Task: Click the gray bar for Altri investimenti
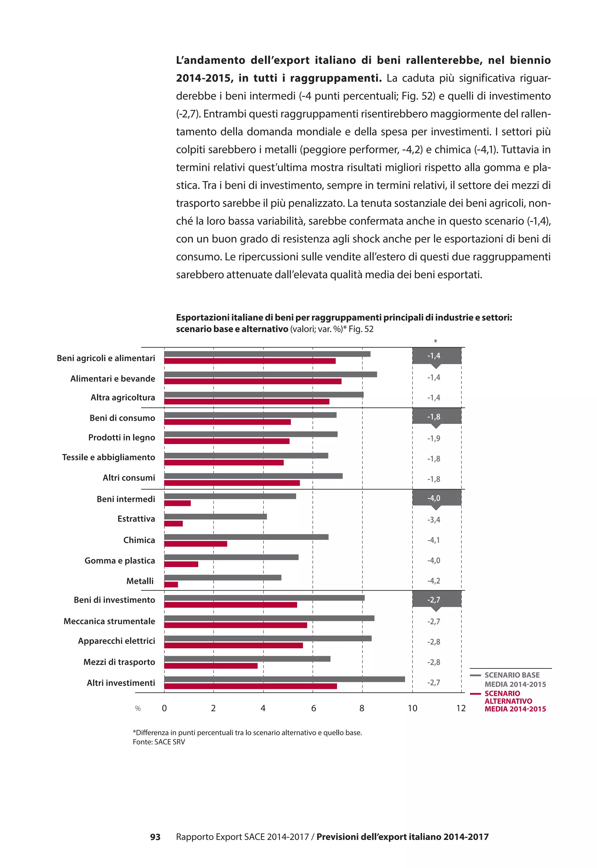[284, 679]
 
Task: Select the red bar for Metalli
[171, 584]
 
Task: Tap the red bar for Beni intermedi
[177, 503]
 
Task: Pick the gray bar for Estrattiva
[215, 517]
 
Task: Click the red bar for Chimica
[196, 543]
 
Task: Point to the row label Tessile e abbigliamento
[108, 457]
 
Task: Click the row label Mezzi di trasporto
[119, 662]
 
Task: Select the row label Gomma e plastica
[120, 560]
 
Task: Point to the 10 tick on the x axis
[412, 708]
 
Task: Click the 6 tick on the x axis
[313, 708]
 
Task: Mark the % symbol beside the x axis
[138, 709]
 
